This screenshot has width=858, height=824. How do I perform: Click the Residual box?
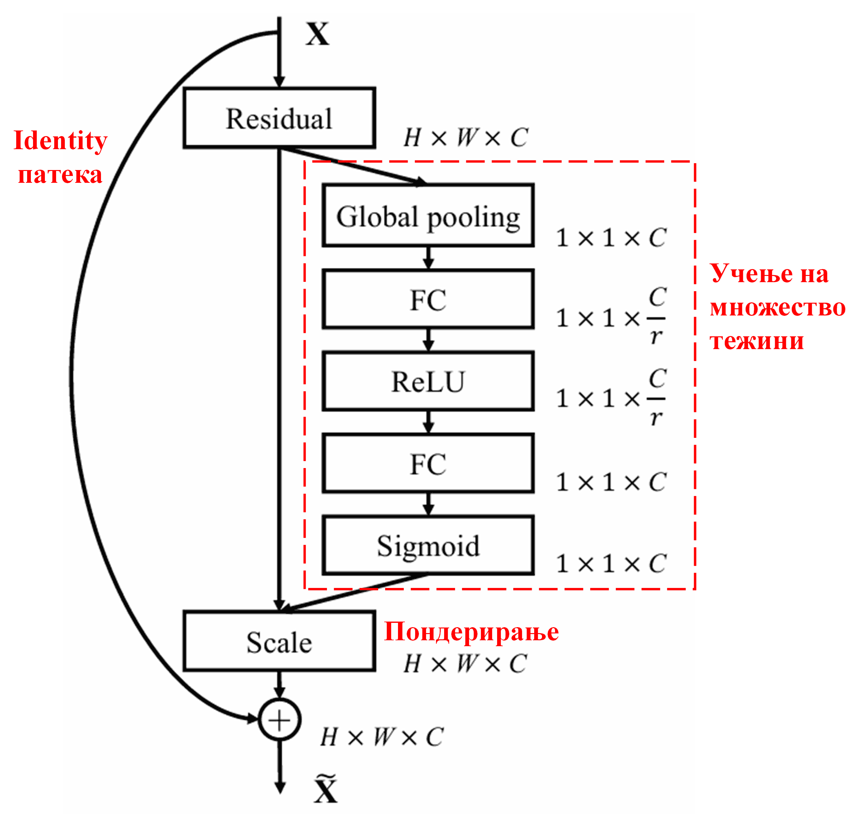tap(279, 118)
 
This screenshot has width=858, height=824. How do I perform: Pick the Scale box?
tap(279, 641)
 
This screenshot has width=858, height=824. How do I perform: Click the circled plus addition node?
tap(279, 719)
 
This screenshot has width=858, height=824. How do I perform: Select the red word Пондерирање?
tap(471, 632)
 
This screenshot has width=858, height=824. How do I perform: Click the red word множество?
tap(777, 307)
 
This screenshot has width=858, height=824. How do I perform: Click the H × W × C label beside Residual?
tap(466, 137)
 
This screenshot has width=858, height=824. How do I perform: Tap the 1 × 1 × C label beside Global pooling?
tap(611, 238)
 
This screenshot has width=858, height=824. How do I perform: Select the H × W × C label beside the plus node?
tap(382, 737)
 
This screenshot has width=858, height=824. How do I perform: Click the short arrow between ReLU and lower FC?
tap(428, 422)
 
